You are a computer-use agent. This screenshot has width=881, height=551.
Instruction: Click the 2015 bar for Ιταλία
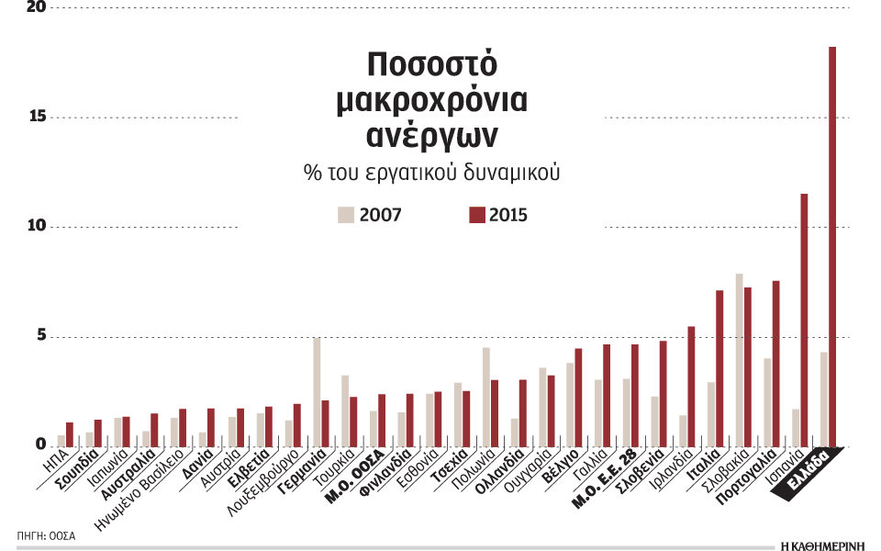[719, 368]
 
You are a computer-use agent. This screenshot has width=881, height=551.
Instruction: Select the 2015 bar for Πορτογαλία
[775, 364]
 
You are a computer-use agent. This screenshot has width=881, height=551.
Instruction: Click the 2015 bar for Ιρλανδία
[691, 387]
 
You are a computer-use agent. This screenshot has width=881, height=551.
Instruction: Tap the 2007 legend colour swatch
[346, 216]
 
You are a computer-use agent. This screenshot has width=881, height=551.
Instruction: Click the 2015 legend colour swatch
[476, 216]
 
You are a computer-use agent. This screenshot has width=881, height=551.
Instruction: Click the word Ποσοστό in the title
[431, 67]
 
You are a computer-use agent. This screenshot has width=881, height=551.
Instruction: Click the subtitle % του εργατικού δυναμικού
[431, 172]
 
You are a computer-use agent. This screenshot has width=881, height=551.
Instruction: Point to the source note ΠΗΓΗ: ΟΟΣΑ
[45, 534]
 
